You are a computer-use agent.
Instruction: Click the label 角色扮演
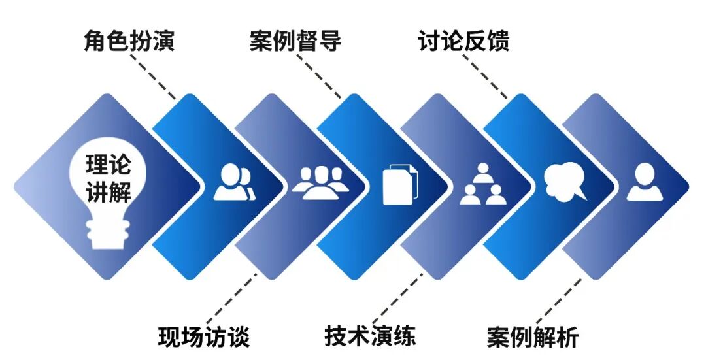pyautogui.click(x=129, y=42)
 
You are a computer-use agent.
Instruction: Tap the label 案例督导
pyautogui.click(x=295, y=42)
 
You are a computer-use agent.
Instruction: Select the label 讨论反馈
pyautogui.click(x=463, y=42)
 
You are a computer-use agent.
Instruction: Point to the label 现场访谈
pyautogui.click(x=204, y=337)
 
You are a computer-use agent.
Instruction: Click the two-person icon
pyautogui.click(x=233, y=182)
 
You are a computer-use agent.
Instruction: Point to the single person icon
pyautogui.click(x=645, y=182)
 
